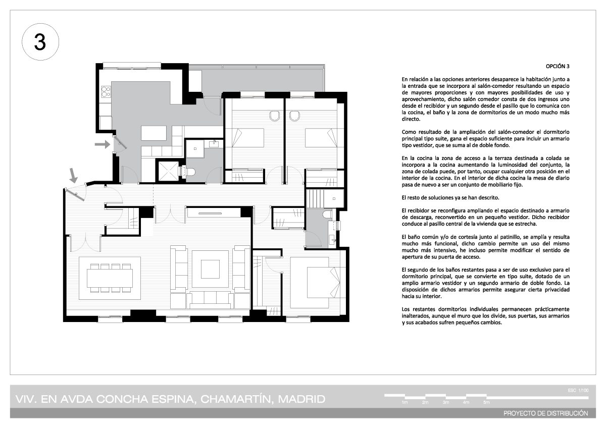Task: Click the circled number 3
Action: [x=40, y=42]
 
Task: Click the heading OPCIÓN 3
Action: [x=558, y=66]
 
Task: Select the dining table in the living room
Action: [x=110, y=278]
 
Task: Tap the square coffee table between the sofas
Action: [x=210, y=269]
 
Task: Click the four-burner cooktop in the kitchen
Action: [x=106, y=91]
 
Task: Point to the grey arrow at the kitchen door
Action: [x=102, y=144]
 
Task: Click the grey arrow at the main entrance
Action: [x=73, y=176]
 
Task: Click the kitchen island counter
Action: [x=154, y=133]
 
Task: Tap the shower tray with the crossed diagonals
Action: [x=168, y=171]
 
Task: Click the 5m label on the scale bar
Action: [x=486, y=402]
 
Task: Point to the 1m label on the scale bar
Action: [x=405, y=402]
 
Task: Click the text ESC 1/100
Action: [x=578, y=390]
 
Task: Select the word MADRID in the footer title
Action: [x=301, y=399]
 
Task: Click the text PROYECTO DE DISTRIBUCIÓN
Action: [x=546, y=413]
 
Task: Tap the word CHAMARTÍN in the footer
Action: [x=235, y=399]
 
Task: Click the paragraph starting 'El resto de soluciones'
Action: [x=450, y=198]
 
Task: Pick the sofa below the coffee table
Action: [x=210, y=300]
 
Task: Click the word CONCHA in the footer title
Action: [x=122, y=399]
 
